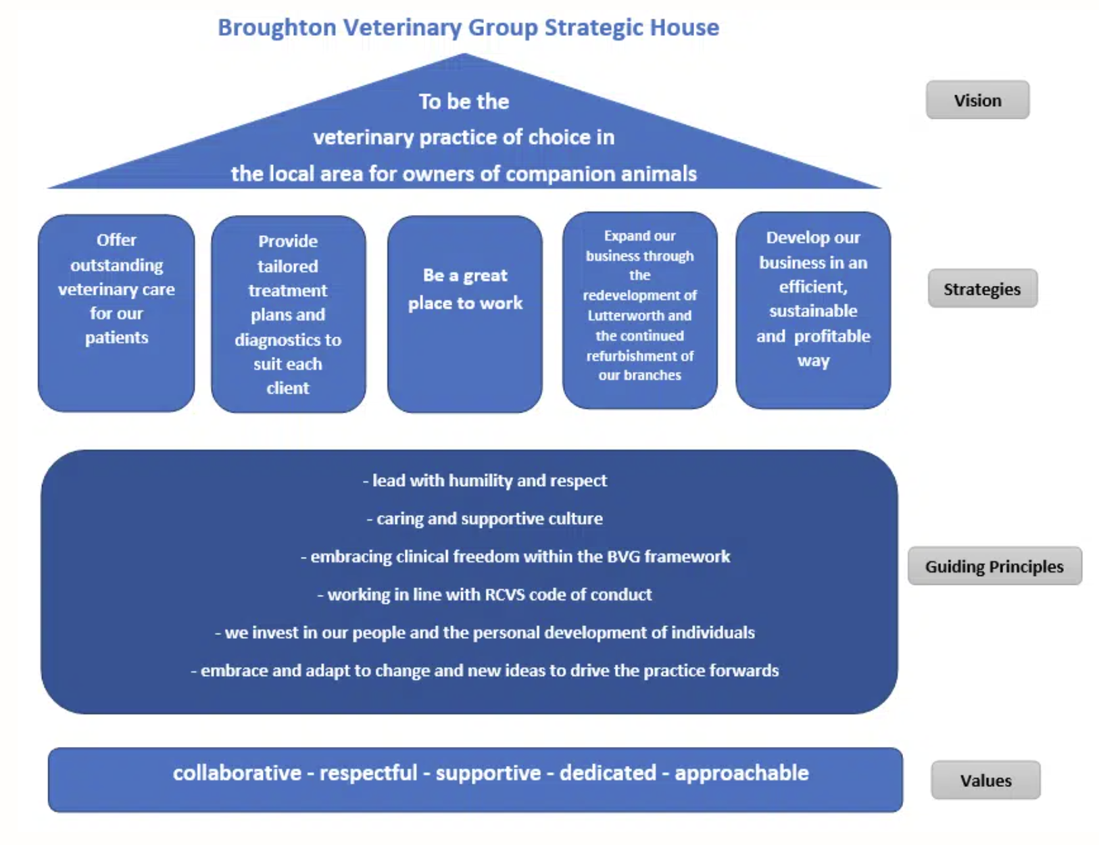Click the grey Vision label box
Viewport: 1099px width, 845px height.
click(977, 99)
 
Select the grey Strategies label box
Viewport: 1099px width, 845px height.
click(982, 288)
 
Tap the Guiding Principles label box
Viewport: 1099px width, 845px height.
click(994, 566)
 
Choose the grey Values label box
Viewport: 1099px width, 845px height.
click(985, 780)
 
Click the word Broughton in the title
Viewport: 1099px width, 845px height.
click(277, 28)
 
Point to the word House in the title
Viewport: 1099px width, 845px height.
click(684, 27)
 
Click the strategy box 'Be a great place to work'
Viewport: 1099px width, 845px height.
click(465, 314)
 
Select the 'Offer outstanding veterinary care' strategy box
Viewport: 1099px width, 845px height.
click(116, 313)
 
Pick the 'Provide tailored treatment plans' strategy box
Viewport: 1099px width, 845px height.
click(289, 314)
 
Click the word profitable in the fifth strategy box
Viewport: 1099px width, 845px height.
click(832, 337)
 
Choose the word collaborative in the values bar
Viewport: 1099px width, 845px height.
click(237, 773)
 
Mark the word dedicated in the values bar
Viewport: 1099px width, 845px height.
click(608, 773)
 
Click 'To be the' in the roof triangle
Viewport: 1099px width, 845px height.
click(464, 101)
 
